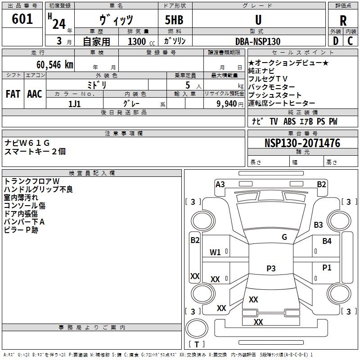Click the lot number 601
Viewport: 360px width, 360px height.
coord(22,19)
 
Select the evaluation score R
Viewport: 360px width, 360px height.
coord(343,21)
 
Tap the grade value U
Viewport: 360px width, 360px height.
coord(258,20)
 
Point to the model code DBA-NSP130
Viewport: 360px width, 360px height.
coord(258,41)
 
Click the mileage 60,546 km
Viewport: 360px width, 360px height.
coord(50,64)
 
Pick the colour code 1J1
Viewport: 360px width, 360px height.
coord(74,103)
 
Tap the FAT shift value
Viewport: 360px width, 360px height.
coord(13,94)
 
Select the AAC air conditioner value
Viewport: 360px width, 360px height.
coord(35,94)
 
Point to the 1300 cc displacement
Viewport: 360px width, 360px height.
coord(137,41)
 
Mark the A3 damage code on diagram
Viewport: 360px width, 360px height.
coord(220,184)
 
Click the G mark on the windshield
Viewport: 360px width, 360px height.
coord(284,237)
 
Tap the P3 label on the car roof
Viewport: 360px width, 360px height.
coord(271,269)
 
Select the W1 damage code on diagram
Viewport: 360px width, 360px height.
coord(216,252)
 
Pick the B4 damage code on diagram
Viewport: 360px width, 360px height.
coord(327,241)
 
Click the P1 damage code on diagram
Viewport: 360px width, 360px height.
coord(327,268)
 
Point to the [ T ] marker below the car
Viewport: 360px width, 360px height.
coord(196,344)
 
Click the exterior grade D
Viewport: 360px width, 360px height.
coord(335,41)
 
